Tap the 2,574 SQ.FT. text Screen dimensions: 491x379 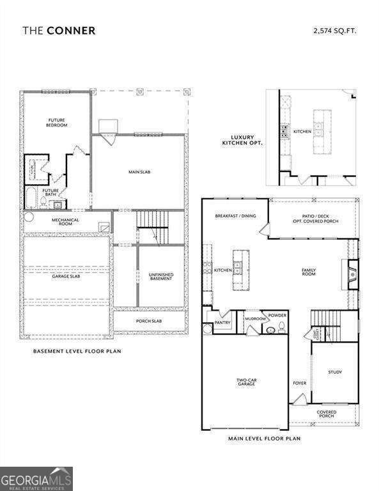[334, 30]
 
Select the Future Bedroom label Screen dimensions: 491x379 [58, 122]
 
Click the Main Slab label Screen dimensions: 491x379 [139, 171]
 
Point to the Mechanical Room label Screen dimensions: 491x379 [65, 222]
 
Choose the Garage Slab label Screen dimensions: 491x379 [66, 276]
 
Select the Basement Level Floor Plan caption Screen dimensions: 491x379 [77, 351]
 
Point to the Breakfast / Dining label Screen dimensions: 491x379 [235, 216]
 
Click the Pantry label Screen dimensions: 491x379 [222, 323]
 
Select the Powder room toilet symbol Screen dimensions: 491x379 [271, 330]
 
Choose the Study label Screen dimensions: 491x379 [335, 372]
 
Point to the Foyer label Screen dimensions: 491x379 [300, 383]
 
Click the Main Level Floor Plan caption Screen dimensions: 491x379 [264, 439]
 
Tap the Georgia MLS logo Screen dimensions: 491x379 [36, 479]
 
